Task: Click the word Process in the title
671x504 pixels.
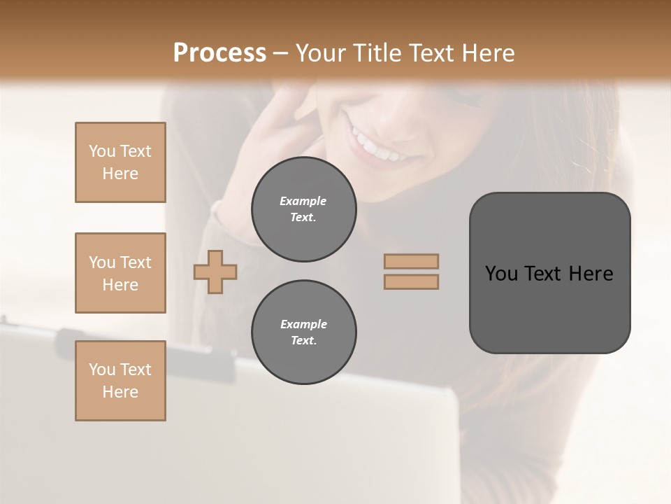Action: click(219, 53)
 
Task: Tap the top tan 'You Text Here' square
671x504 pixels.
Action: click(120, 162)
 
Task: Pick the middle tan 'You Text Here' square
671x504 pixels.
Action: click(120, 273)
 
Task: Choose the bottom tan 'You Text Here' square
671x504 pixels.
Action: click(120, 381)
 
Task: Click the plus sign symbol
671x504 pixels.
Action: click(215, 272)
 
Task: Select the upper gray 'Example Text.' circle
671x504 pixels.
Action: click(303, 209)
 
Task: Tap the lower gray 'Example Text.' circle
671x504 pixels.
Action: click(303, 332)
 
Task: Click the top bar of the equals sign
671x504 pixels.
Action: click(411, 261)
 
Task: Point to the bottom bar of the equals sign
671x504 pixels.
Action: click(411, 281)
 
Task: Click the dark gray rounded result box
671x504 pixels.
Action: click(549, 273)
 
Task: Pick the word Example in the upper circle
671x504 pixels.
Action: click(303, 201)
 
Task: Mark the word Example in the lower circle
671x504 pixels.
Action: click(303, 324)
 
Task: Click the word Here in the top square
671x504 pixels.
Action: click(120, 174)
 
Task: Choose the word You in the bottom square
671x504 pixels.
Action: click(101, 370)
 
